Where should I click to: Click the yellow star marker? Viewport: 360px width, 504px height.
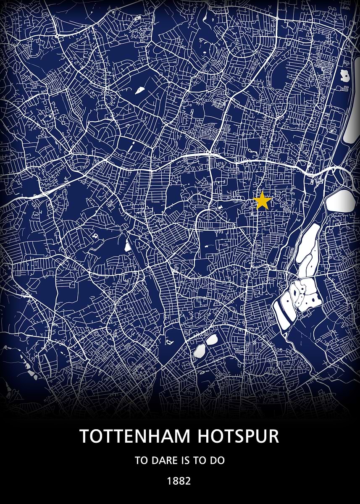point(263,201)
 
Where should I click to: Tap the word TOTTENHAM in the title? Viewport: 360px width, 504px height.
point(135,436)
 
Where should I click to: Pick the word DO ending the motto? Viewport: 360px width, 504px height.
point(218,460)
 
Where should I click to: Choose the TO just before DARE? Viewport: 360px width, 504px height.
point(142,460)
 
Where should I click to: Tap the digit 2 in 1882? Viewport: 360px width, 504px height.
point(188,481)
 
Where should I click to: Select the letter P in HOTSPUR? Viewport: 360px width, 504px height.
point(254,436)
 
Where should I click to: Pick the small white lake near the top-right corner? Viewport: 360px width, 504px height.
point(345,76)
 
